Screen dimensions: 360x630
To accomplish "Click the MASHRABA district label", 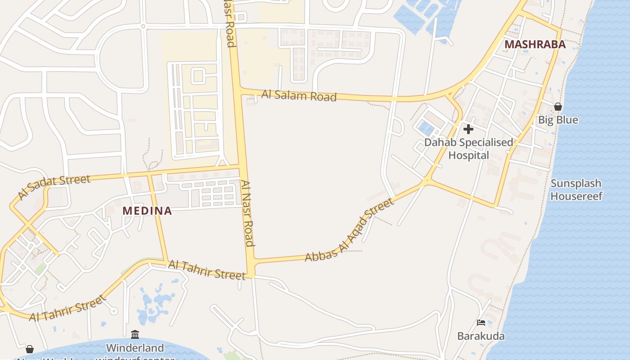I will pyautogui.click(x=535, y=45).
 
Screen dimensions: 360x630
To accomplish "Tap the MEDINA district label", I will pyautogui.click(x=147, y=211).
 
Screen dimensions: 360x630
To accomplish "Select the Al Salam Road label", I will pyautogui.click(x=299, y=95).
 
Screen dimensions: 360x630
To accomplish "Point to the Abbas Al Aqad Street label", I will pyautogui.click(x=349, y=230).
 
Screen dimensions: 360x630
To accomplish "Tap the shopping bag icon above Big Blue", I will pyautogui.click(x=558, y=107).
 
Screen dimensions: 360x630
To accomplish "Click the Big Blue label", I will pyautogui.click(x=558, y=120).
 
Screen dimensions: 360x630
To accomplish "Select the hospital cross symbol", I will pyautogui.click(x=468, y=129).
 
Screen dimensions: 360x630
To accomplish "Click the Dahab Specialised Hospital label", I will pyautogui.click(x=468, y=149).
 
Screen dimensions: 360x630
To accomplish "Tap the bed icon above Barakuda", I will pyautogui.click(x=481, y=323).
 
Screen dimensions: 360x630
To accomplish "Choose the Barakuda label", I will pyautogui.click(x=481, y=336).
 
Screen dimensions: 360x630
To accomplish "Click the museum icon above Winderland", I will pyautogui.click(x=135, y=334).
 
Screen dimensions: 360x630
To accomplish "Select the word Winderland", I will pyautogui.click(x=135, y=348).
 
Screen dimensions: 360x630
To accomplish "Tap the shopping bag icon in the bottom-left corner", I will pyautogui.click(x=30, y=349).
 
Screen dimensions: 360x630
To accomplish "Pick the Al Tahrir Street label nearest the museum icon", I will pyautogui.click(x=68, y=308).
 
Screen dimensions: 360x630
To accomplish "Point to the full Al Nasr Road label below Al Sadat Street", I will pyautogui.click(x=247, y=214).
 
